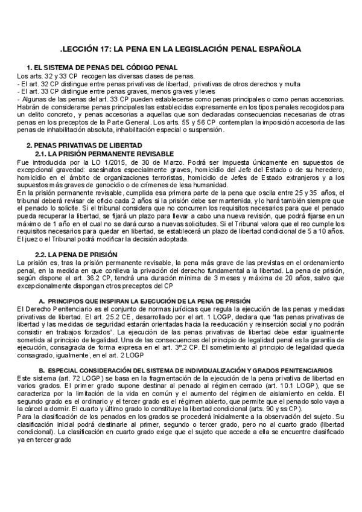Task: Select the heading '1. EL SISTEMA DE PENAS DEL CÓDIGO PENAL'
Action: [x=102, y=67]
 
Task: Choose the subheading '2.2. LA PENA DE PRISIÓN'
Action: [x=76, y=255]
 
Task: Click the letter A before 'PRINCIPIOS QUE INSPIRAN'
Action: [x=41, y=301]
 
